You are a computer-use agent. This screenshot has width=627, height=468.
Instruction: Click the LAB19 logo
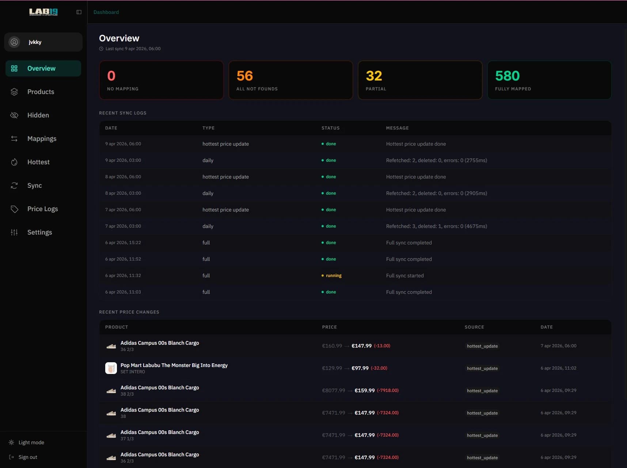[x=43, y=12]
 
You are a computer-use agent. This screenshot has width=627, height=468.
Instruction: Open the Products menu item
[x=41, y=92]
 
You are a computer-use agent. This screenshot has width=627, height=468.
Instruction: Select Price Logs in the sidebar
[x=42, y=209]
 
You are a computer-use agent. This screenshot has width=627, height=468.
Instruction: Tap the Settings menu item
[x=39, y=232]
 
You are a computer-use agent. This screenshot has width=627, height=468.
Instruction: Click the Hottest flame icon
[x=14, y=162]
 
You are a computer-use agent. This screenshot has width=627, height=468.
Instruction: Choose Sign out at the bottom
[x=28, y=457]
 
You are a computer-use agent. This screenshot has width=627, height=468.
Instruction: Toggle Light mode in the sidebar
[x=31, y=442]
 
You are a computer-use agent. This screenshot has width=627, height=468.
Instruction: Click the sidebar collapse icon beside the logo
[x=79, y=12]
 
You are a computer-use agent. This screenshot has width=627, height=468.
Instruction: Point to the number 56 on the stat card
[x=244, y=76]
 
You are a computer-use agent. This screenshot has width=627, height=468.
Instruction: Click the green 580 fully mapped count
[x=507, y=76]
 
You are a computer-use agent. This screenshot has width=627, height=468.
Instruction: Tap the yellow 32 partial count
[x=374, y=76]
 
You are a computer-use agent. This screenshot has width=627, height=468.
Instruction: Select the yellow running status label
[x=334, y=276]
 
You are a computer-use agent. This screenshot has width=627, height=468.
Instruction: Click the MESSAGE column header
[x=397, y=128]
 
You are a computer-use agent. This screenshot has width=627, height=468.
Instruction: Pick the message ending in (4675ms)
[x=436, y=226]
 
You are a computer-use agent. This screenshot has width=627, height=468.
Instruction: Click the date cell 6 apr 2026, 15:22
[x=123, y=243]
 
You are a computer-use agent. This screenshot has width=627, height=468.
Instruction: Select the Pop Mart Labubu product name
[x=174, y=365]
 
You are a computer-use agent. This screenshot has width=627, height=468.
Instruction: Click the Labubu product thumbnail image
[x=111, y=368]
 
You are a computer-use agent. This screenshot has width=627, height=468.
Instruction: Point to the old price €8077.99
[x=334, y=390]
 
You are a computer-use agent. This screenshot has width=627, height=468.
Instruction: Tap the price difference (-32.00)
[x=379, y=368]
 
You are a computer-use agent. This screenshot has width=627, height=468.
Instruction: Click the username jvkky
[x=35, y=42]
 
